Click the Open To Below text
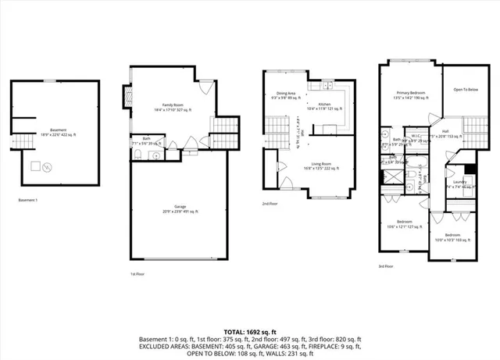[x=466, y=90]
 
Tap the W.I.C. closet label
[x=416, y=137]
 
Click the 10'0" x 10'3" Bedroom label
[x=455, y=237]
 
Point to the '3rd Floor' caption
[x=387, y=266]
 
